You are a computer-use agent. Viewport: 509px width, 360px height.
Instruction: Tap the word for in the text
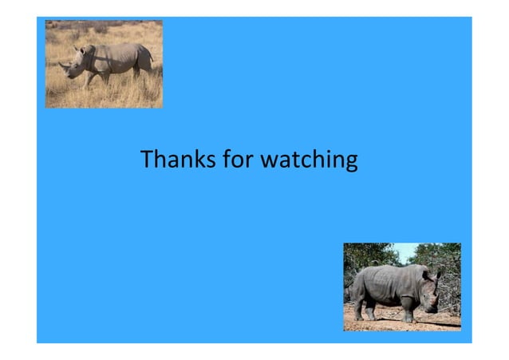235,160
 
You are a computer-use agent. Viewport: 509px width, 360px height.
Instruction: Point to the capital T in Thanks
146,160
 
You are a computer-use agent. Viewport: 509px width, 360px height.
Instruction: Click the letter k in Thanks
197,160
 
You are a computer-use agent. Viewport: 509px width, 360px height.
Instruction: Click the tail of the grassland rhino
150,57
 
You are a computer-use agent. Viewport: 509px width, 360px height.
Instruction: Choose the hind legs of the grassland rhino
140,73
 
